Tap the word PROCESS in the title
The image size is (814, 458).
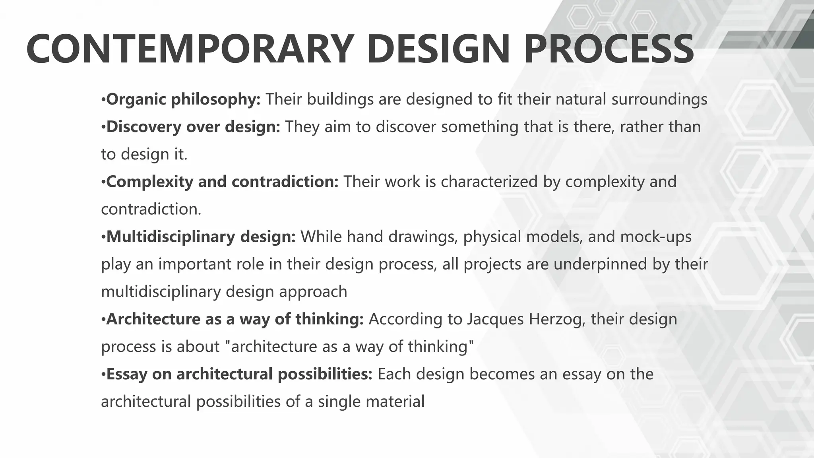[609, 50]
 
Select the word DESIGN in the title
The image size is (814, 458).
[438, 50]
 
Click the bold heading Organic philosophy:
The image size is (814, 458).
[183, 99]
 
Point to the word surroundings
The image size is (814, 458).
[659, 99]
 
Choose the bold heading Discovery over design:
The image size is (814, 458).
[193, 127]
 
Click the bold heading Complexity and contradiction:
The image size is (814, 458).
[222, 182]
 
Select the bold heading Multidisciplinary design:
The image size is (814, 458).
[201, 237]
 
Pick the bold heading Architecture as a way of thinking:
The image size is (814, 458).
[235, 319]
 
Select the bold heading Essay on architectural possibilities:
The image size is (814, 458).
[239, 374]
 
